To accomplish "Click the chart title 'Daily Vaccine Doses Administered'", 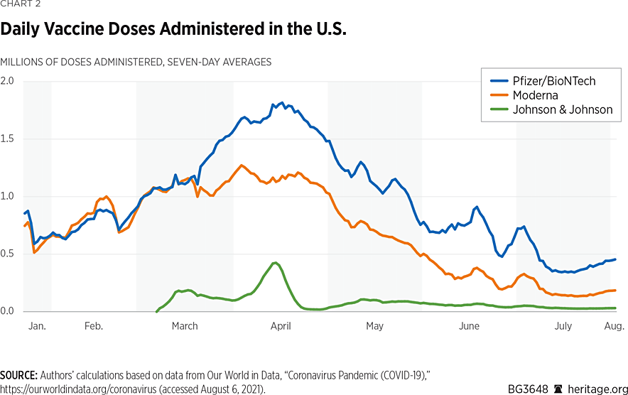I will click(173, 31).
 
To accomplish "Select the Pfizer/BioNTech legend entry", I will click(554, 81).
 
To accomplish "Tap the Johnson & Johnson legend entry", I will click(562, 110).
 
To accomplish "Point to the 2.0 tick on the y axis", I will click(7, 80).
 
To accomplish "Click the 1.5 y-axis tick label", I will click(7, 138).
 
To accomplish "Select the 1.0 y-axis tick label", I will click(7, 196).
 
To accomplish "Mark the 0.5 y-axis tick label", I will click(7, 254).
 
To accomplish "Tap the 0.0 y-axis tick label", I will click(7, 311).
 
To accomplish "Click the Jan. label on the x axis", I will click(36, 326).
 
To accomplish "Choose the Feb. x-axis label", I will click(94, 326).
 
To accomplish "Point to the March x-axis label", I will click(185, 326).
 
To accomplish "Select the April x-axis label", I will click(281, 326).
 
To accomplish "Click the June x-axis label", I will click(469, 326).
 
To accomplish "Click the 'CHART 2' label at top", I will click(21, 4).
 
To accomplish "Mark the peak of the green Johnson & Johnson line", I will click(276, 263).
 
